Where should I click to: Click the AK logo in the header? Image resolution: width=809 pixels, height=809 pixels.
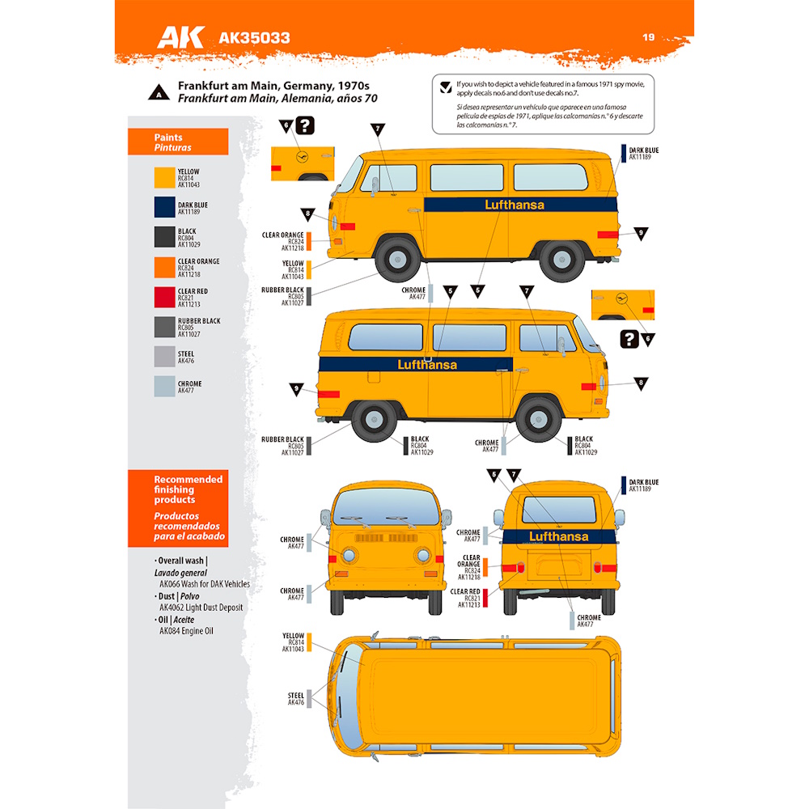click(x=180, y=36)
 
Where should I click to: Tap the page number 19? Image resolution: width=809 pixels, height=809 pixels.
click(x=648, y=36)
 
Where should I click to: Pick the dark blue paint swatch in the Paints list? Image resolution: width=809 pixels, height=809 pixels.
click(x=164, y=208)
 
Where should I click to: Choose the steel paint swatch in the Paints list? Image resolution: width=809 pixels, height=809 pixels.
click(x=164, y=357)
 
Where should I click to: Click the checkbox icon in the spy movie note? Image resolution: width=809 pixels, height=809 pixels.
click(x=445, y=88)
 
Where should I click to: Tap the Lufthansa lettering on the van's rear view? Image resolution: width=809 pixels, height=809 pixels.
click(x=559, y=536)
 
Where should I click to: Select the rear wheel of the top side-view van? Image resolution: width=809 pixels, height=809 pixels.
click(x=563, y=258)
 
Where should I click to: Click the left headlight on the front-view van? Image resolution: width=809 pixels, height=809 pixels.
click(x=349, y=555)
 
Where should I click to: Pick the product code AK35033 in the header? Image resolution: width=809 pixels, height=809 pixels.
click(x=254, y=37)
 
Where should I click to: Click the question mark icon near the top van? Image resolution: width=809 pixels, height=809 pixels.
click(x=304, y=125)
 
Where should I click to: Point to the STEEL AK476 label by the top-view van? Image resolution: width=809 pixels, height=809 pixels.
click(x=295, y=699)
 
